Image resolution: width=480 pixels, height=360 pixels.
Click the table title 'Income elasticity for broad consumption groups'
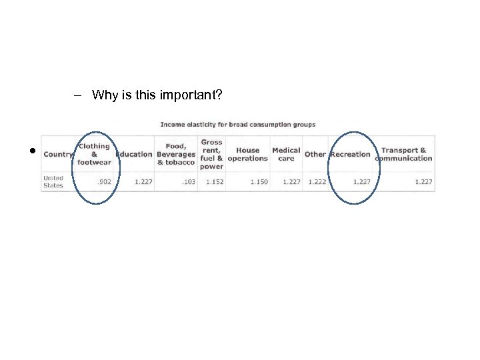point(238,125)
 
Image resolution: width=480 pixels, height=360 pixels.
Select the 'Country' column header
point(58,154)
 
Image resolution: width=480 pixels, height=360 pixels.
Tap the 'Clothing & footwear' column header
point(94,153)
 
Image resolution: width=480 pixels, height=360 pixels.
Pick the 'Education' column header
point(134,154)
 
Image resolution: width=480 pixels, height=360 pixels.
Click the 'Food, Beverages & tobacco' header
point(176,154)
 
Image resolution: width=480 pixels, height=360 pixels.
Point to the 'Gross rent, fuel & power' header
point(211,154)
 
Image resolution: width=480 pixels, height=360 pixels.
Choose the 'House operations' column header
point(247,154)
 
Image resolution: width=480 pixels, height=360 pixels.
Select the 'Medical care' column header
point(286,154)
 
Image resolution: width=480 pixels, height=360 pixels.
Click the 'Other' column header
point(315,154)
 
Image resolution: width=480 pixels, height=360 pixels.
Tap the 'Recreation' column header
point(350,154)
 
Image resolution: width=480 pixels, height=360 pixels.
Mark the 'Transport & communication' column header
point(403,154)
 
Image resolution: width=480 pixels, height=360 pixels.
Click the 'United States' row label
point(53,181)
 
